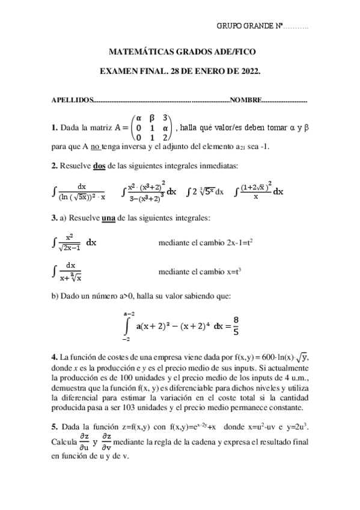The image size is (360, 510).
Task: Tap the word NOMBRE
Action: coord(246,100)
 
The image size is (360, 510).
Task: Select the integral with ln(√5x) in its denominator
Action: coord(80,191)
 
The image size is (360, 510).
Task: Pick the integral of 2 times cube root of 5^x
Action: coord(205,192)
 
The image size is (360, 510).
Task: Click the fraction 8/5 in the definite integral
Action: coord(236,325)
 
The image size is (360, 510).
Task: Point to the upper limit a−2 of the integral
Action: coord(129,313)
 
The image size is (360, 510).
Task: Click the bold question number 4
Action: coord(54,359)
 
